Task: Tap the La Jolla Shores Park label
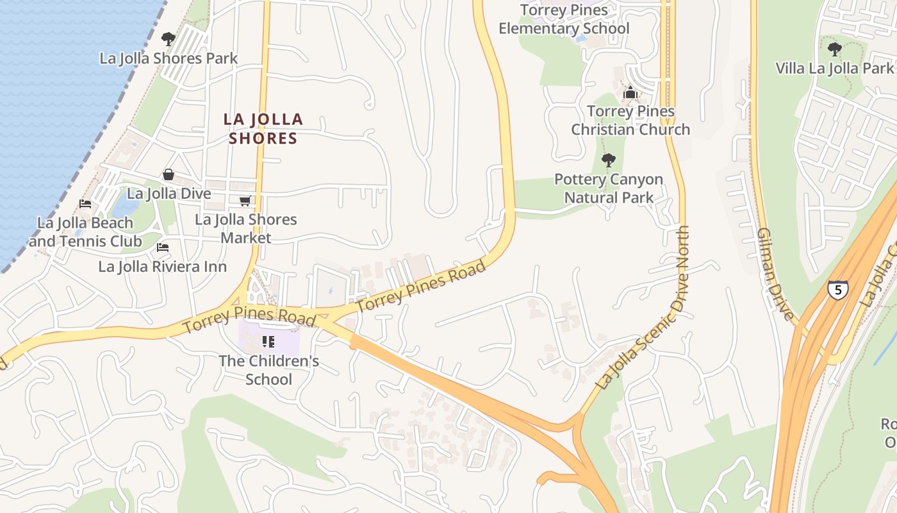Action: coord(169,58)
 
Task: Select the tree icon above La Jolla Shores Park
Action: coord(169,39)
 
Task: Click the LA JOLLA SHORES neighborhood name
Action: coord(263,128)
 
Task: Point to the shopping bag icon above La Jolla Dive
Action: coord(169,174)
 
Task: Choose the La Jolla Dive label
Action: coord(169,193)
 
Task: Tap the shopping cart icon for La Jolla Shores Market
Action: coord(245,201)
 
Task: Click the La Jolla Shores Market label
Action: coord(246,228)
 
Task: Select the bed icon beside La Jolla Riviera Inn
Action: coord(163,248)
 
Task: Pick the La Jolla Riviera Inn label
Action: coord(163,266)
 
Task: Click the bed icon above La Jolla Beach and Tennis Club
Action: coord(85,205)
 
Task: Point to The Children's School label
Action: coord(269,370)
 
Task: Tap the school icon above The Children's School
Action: coord(268,342)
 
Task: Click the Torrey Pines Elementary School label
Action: coord(564,19)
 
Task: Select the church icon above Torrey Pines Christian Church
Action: coord(630,94)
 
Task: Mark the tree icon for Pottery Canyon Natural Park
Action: coord(609,160)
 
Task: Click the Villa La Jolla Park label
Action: coord(834,68)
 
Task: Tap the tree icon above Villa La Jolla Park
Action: coord(834,49)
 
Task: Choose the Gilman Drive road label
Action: coord(776,273)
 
